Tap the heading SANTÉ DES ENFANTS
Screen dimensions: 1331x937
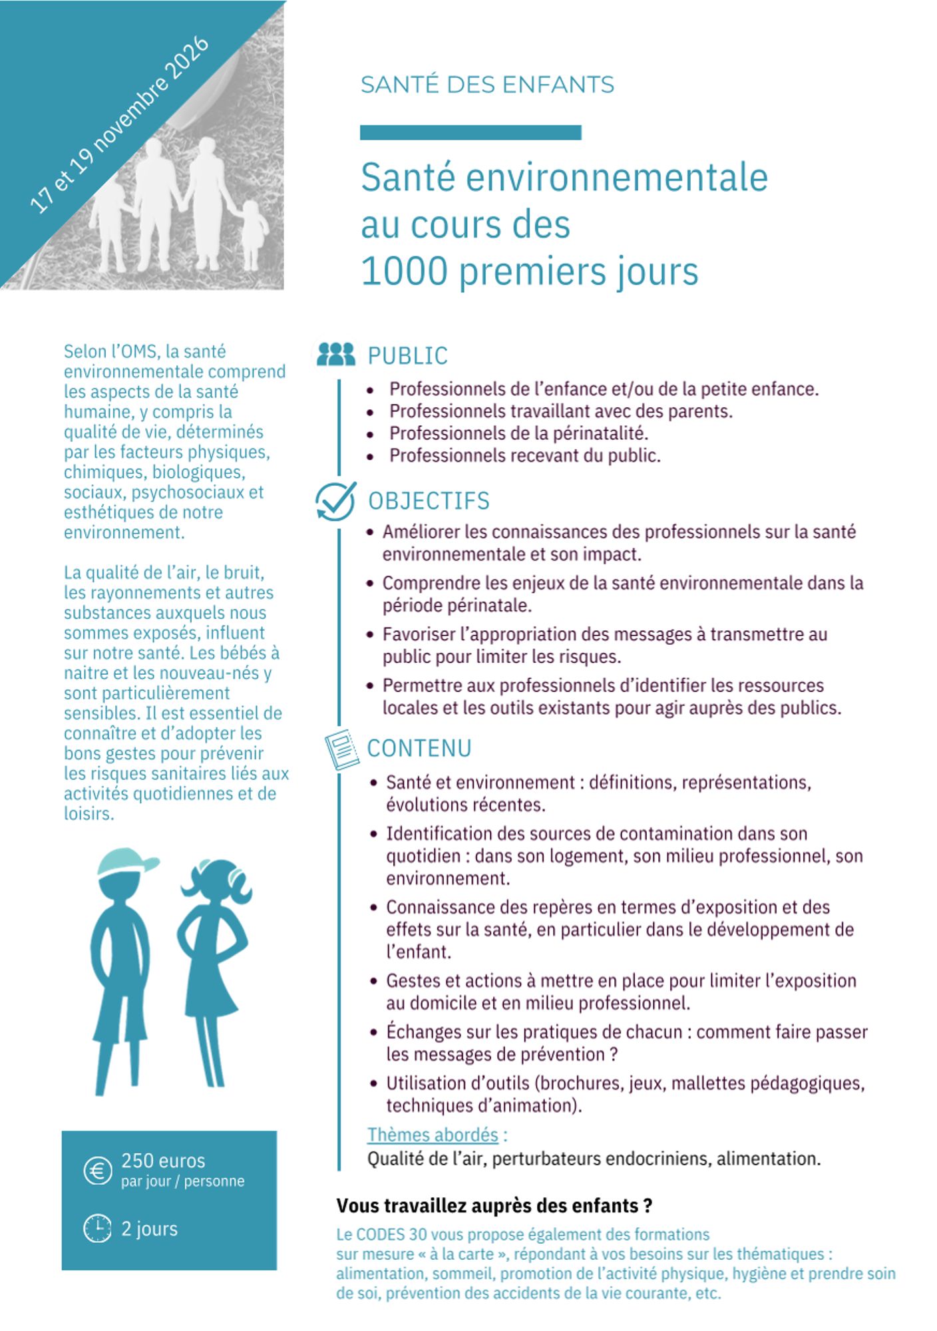[487, 85]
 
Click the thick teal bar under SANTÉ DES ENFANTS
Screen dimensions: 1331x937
[470, 132]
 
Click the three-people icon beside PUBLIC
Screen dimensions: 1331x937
[336, 354]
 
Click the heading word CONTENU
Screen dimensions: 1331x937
[419, 749]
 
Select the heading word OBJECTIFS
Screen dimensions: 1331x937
[429, 501]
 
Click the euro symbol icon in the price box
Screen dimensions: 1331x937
[98, 1171]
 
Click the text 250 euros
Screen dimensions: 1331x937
[163, 1161]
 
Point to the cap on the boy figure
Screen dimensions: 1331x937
[126, 862]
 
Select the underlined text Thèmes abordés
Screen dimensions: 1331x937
[433, 1135]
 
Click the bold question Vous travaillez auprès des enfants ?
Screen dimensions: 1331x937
[494, 1206]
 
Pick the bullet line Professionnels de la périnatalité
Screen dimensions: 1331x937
[518, 434]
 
